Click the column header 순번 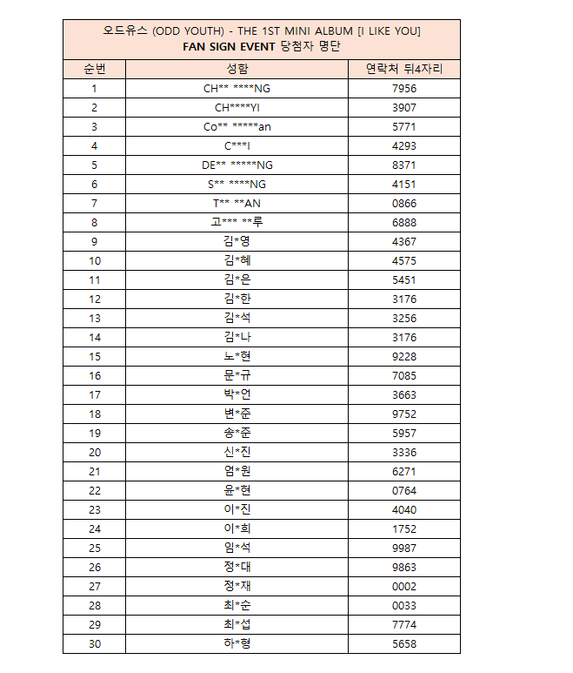tap(94, 69)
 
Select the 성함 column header tap(237, 69)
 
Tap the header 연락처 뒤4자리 tap(403, 69)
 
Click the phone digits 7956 tap(403, 88)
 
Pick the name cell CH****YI tap(237, 107)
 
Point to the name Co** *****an tap(237, 126)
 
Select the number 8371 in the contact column tap(403, 165)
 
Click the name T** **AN tap(237, 203)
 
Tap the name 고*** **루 tap(237, 222)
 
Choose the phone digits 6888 tap(403, 222)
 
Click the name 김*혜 tap(237, 260)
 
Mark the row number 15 tap(94, 356)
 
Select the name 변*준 tap(237, 414)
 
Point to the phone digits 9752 tap(403, 414)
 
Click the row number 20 tap(94, 452)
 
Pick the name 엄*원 tap(237, 471)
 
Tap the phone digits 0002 tap(403, 586)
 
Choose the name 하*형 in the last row tap(237, 643)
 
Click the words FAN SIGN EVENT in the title tap(230, 46)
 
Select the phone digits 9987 tap(403, 548)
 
